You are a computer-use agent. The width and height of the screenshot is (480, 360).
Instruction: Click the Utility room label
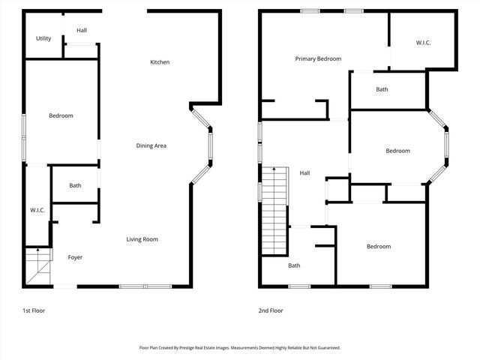[x=43, y=38]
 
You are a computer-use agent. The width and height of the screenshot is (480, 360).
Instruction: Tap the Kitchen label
[x=160, y=62]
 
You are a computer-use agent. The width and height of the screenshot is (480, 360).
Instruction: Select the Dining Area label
[x=151, y=145]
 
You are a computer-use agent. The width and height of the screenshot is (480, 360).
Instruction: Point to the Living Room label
[x=142, y=239]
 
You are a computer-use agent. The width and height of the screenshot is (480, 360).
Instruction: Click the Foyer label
[x=75, y=257]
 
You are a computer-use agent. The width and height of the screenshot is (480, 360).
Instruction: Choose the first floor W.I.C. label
[x=37, y=210]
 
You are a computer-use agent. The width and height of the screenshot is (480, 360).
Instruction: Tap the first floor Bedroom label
[x=61, y=115]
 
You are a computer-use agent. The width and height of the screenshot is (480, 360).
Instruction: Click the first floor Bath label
[x=75, y=185]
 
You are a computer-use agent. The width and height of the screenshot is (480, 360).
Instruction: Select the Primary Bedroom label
[x=318, y=58]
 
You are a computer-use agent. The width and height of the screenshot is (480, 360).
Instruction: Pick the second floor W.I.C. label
[x=423, y=43]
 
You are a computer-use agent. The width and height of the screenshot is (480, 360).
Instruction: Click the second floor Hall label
[x=304, y=173]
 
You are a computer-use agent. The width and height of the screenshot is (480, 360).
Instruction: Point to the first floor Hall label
[x=81, y=30]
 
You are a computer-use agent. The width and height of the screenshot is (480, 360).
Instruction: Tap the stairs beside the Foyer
[x=37, y=265]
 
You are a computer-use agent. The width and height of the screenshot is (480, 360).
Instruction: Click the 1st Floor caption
[x=34, y=310]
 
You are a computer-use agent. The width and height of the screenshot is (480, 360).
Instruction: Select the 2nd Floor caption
[x=271, y=310]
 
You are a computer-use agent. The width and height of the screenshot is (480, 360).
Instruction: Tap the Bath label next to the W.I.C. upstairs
[x=382, y=90]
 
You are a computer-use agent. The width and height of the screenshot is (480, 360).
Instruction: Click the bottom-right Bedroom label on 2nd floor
[x=379, y=247]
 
